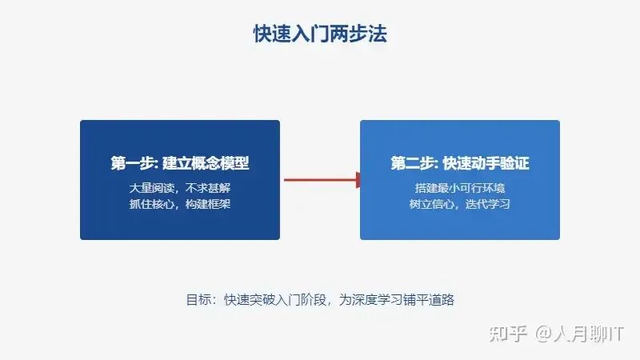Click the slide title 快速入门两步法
click(x=320, y=34)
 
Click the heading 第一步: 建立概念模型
click(x=180, y=164)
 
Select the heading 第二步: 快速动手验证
click(x=460, y=164)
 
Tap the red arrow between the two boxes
click(x=320, y=180)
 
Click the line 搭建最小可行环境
click(x=460, y=188)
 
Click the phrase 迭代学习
click(x=487, y=204)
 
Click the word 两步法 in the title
click(x=366, y=34)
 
